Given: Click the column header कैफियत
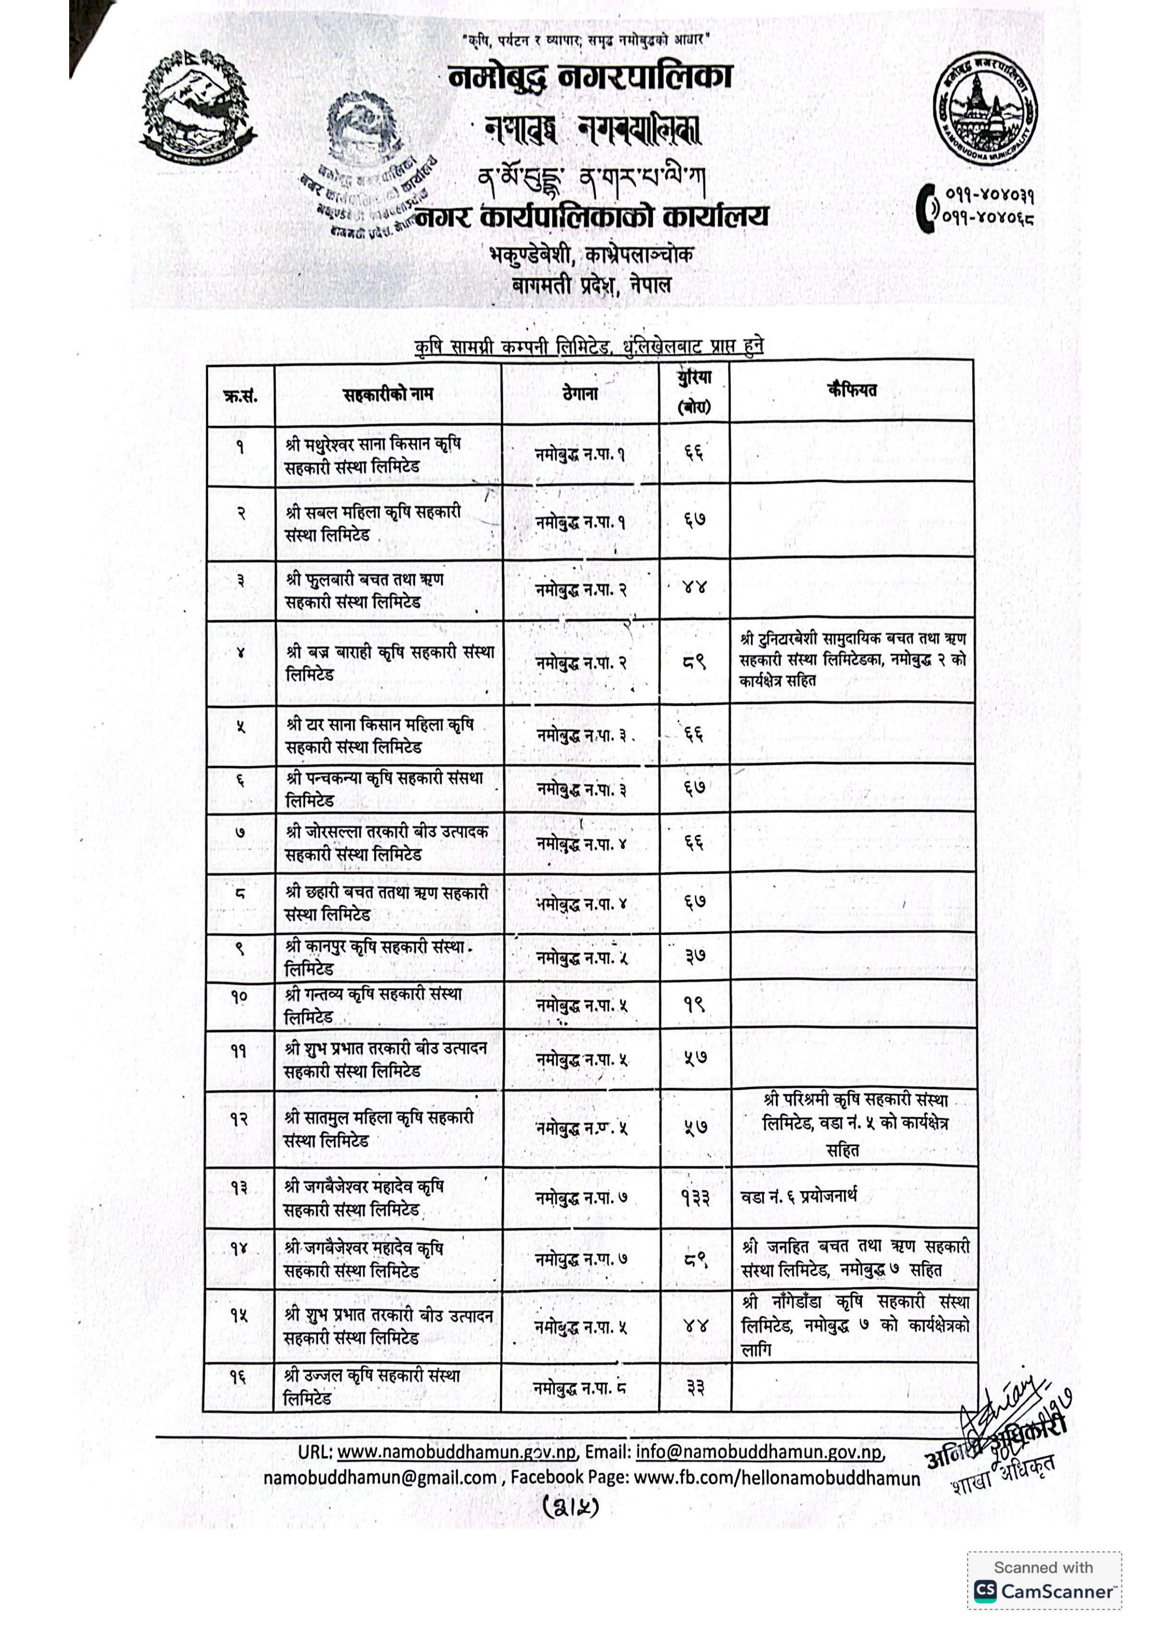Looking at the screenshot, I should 852,390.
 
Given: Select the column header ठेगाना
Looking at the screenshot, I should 580,394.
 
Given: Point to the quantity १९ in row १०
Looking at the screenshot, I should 695,1004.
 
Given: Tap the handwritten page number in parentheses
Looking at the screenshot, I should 571,1505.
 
